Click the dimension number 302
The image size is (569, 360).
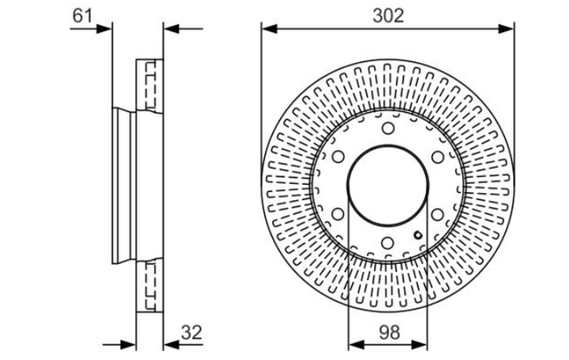point(388,16)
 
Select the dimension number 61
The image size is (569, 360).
point(83,16)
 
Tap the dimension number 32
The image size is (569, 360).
point(191,332)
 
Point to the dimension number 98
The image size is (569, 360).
point(389,332)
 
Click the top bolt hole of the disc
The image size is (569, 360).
point(388,128)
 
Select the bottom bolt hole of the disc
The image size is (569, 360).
point(388,243)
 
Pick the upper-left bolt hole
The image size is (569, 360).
point(338,156)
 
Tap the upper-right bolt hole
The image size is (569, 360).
point(437,157)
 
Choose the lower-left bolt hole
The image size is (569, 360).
point(338,214)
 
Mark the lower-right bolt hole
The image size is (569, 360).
point(437,214)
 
